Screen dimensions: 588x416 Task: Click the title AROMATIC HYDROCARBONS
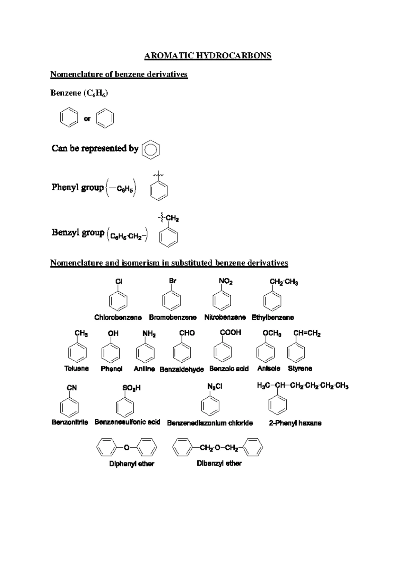(208, 56)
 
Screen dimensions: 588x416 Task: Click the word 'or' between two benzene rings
(87, 119)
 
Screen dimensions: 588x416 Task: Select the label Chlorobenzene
(118, 318)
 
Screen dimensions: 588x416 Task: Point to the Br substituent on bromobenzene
(173, 281)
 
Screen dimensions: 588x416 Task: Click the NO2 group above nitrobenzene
(226, 282)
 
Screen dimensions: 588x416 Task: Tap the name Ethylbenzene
(272, 318)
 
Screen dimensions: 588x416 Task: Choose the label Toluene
(77, 369)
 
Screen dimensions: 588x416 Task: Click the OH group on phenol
(113, 334)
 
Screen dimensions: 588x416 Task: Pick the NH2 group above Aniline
(149, 334)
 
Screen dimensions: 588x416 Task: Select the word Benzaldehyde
(182, 370)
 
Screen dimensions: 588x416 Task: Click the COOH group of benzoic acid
(231, 332)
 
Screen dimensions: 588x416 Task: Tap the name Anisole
(269, 369)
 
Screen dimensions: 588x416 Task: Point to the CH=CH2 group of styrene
(307, 334)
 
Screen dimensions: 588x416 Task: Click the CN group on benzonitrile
(72, 388)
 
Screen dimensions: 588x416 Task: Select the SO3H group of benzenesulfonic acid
(131, 388)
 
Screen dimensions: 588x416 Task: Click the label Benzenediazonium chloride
(210, 423)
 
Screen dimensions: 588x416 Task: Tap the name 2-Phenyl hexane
(295, 423)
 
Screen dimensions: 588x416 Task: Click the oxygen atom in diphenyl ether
(127, 448)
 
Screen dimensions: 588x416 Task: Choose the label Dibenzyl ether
(219, 464)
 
